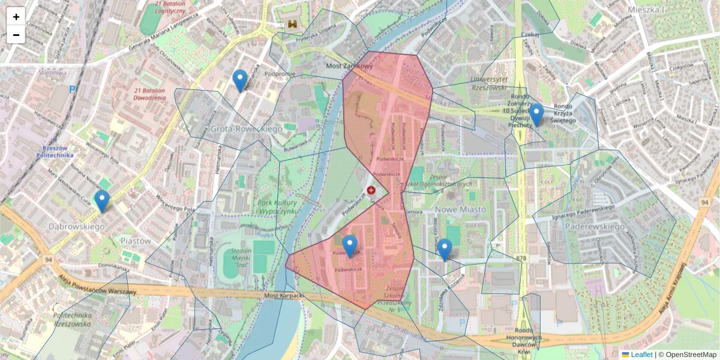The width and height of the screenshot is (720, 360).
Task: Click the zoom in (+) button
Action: pos(16,17)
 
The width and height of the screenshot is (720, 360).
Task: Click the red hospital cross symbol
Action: pos(371,190)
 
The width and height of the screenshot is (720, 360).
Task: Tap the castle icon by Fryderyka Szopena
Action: pos(293,25)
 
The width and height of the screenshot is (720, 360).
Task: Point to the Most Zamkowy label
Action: pos(349,66)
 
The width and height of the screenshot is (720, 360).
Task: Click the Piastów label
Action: pos(136,241)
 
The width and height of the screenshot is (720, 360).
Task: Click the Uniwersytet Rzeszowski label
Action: pos(490,83)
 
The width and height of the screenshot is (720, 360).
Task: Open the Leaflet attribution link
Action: pos(641,355)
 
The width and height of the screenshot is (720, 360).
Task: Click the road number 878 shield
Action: pos(520,258)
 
